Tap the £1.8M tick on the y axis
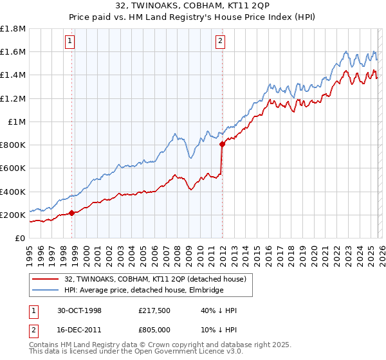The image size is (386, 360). (14, 29)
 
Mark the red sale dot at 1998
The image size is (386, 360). (72, 213)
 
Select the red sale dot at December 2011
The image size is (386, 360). (222, 145)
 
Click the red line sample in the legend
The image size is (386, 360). (45, 279)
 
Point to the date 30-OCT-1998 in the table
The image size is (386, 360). (84, 310)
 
